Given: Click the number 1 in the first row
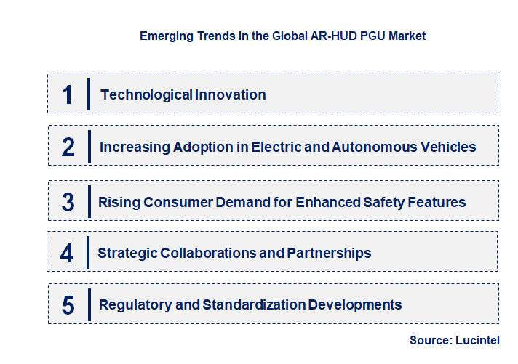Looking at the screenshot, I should (x=68, y=94).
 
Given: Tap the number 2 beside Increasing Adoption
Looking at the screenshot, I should (x=68, y=147).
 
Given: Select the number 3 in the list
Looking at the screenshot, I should (x=68, y=202).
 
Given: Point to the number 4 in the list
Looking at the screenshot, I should (x=68, y=253).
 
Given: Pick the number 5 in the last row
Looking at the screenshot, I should (x=68, y=305).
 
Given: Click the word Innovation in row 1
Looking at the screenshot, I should (x=230, y=94).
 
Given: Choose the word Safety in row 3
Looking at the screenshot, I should (x=390, y=202).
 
